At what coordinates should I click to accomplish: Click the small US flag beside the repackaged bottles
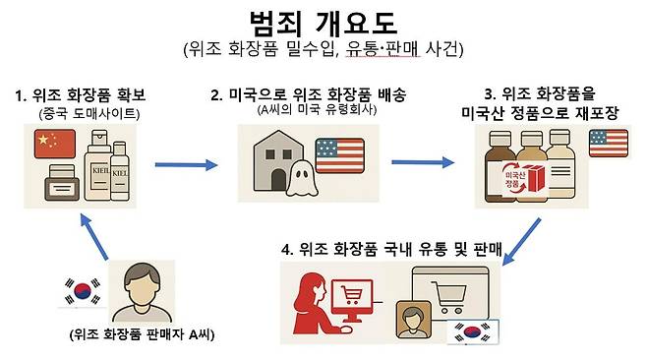(605, 144)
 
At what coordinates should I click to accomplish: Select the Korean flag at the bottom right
(470, 332)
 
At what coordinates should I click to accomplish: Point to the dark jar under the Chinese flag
(61, 183)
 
